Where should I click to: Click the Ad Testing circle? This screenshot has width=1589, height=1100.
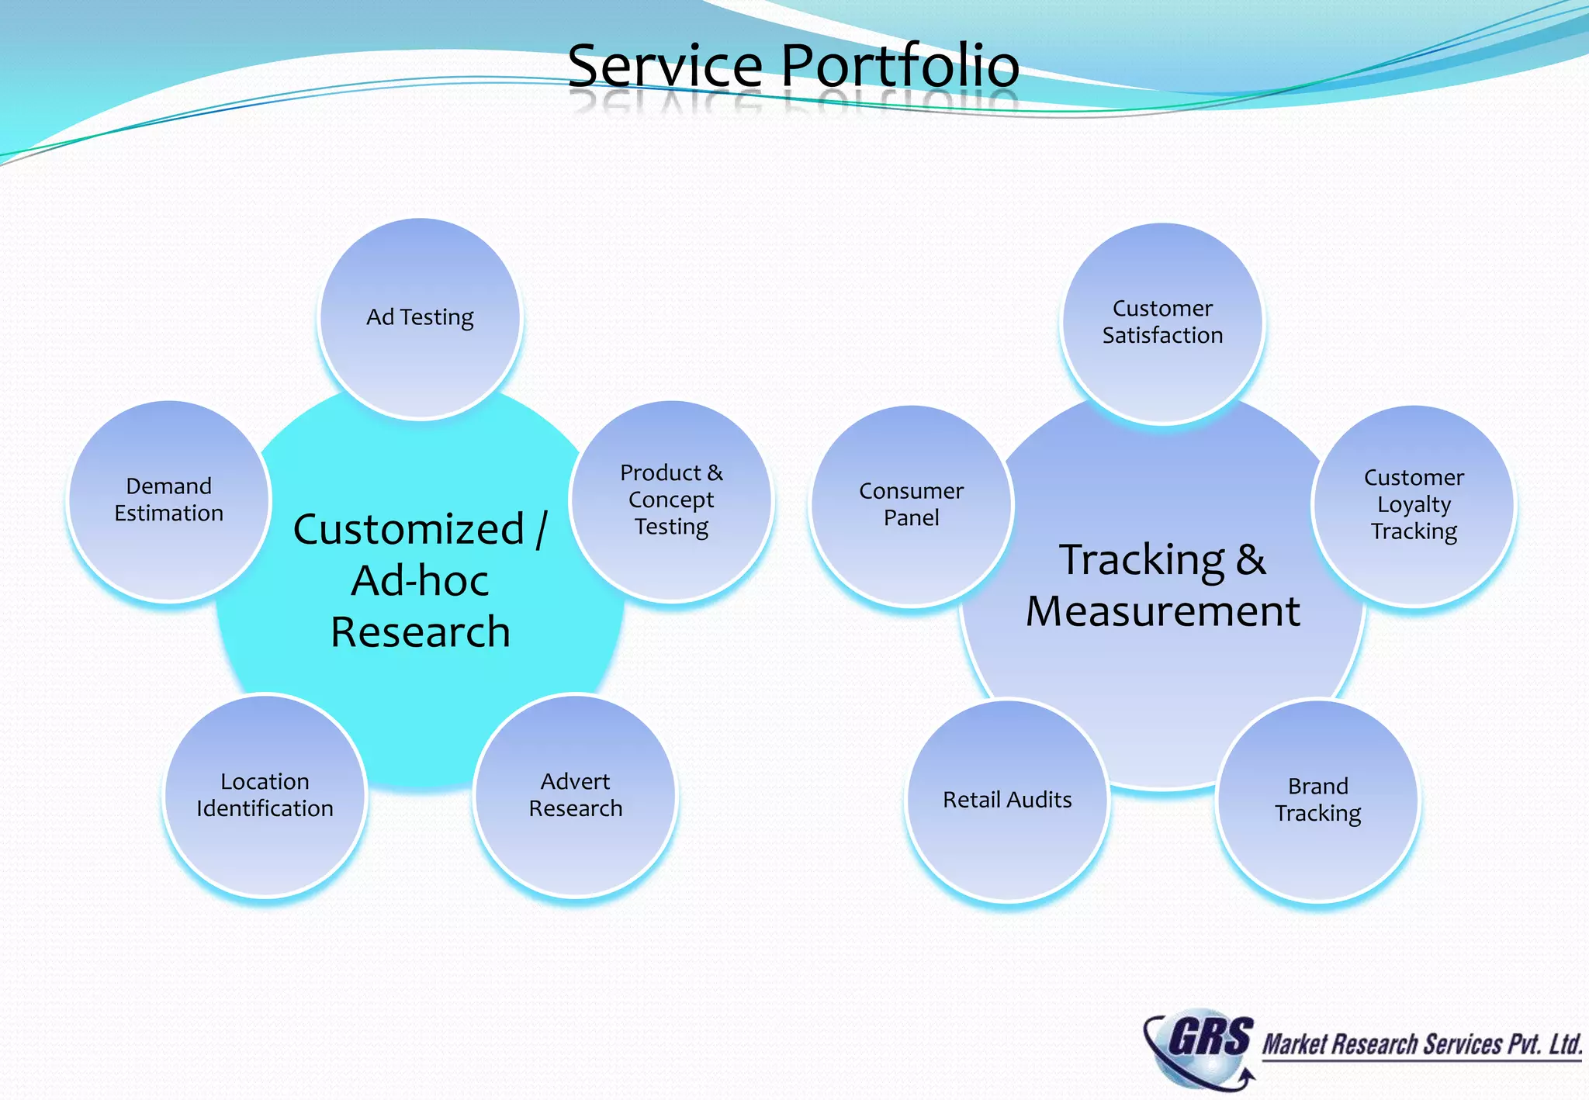point(420,319)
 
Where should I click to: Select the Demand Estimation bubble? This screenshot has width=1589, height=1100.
point(168,500)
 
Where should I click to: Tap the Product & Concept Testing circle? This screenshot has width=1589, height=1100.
point(671,500)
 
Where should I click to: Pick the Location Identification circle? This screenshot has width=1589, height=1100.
point(265,795)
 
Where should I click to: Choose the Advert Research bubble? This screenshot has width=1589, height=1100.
point(575,795)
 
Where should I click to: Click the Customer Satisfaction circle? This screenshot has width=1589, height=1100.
point(1162,323)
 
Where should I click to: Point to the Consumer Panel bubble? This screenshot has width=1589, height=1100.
point(911,505)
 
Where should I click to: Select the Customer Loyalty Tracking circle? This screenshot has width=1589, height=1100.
point(1414,505)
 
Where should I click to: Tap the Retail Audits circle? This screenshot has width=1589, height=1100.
point(1007,800)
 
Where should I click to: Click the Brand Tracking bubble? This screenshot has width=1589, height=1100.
point(1317,800)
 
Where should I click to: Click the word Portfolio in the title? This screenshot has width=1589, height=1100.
point(900,65)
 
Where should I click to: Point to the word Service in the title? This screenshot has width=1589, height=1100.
point(665,65)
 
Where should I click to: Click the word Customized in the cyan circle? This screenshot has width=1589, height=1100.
point(409,530)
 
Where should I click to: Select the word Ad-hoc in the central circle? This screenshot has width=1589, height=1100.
point(420,581)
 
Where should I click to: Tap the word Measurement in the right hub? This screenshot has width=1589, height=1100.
point(1162,611)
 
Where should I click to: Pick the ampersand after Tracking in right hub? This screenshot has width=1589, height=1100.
point(1251,560)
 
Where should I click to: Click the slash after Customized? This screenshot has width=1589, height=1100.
point(542,530)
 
